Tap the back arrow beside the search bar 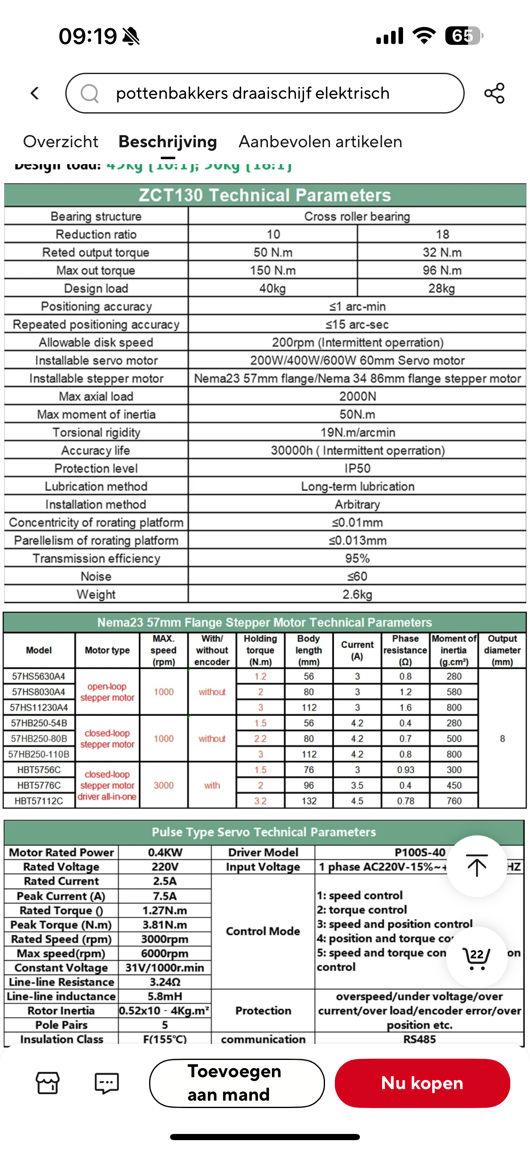(35, 93)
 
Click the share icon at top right (494, 93)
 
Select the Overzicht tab (61, 142)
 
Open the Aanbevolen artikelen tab (320, 142)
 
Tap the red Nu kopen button (422, 1083)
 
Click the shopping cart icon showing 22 (477, 957)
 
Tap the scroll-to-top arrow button (477, 865)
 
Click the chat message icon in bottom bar (107, 1083)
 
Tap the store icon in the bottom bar (48, 1083)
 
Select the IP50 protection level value (357, 468)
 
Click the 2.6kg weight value (357, 595)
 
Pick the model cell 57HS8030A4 (39, 692)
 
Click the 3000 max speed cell (164, 785)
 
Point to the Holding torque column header (260, 650)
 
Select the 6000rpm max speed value (165, 953)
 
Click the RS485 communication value (419, 1039)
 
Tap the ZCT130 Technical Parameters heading (265, 195)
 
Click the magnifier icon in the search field (90, 93)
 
